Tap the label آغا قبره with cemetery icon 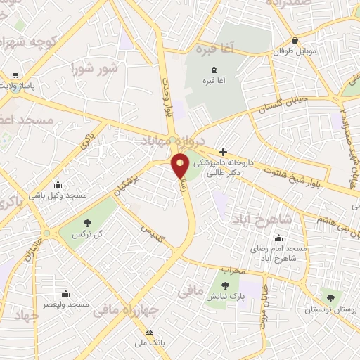pyautogui.click(x=212, y=81)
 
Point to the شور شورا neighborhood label pyautogui.click(x=94, y=69)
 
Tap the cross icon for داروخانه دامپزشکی pyautogui.click(x=223, y=152)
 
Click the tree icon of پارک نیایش pyautogui.click(x=226, y=285)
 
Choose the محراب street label pyautogui.click(x=232, y=270)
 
